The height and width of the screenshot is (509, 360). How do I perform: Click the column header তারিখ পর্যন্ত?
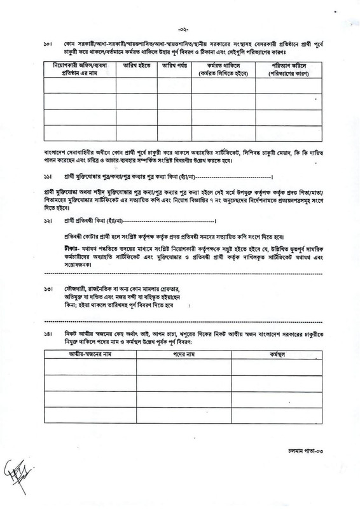(x=172, y=66)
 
